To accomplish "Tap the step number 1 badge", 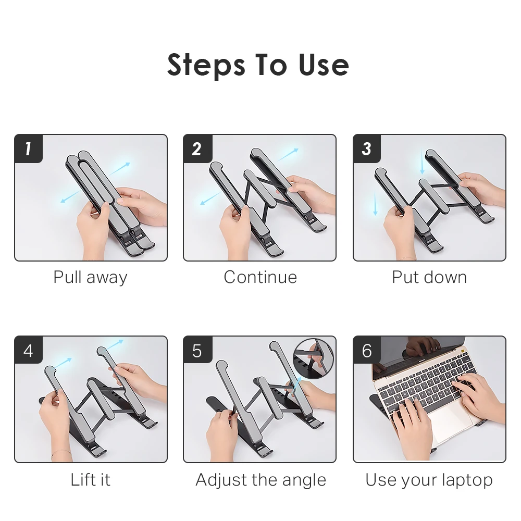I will pos(28,149).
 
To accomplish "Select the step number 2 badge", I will pos(197,149).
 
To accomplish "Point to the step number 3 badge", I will pos(367,149).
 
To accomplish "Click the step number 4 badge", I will pos(28,350).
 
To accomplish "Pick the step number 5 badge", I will pos(197,350).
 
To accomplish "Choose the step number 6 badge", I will pos(367,350).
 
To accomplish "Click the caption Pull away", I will pos(90,277).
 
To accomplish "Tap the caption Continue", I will pos(260,277).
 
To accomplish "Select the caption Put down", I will pos(429,277).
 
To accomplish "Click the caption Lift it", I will pos(90,479).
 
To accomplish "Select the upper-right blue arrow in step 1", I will pos(121,167).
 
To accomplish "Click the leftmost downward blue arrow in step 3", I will pos(375,203).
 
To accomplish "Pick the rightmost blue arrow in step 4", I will pos(115,344).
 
